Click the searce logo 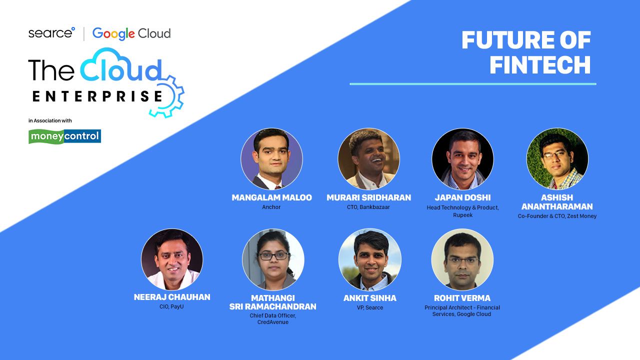coord(51,33)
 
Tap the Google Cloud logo coord(131,33)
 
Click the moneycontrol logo coord(64,136)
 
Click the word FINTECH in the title coord(540,65)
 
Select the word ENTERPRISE coord(97,96)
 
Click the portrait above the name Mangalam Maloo coord(271,159)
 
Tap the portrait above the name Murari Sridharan coord(369,159)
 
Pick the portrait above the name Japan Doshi coord(462,159)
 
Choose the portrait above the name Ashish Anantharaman coord(557,159)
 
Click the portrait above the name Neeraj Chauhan coord(172,259)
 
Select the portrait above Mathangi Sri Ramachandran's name coord(273,259)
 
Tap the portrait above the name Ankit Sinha coord(370,259)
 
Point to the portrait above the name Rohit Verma coord(462,259)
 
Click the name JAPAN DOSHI coord(463,197)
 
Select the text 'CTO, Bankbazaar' coord(368,207)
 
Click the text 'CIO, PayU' coord(171,306)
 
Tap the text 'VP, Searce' coord(370,307)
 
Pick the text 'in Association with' coord(50,120)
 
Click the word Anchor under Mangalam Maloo coord(271,207)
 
